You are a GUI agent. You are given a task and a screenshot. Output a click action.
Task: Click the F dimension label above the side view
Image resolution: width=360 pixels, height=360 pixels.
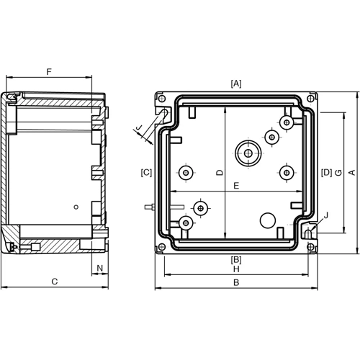(49, 71)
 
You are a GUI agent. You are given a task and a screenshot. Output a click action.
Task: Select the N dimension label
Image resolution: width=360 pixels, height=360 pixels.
(100, 268)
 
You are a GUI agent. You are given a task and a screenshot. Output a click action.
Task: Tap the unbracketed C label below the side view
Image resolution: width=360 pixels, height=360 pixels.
(55, 282)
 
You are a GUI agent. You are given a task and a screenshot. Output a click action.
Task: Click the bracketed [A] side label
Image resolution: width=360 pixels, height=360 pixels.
(235, 84)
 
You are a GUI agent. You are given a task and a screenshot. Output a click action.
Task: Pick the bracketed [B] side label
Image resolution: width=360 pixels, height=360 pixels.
(235, 259)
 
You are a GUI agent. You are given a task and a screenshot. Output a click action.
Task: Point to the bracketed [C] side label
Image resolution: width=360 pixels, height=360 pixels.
(146, 172)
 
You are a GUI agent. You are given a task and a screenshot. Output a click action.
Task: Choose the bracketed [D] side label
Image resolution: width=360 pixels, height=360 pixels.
(326, 172)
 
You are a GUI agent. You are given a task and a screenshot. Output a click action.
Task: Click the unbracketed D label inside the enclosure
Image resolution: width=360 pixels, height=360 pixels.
(219, 173)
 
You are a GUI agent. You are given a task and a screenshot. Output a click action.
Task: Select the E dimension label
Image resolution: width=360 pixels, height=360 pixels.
(235, 186)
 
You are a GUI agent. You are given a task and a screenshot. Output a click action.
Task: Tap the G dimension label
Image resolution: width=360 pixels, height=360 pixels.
(338, 172)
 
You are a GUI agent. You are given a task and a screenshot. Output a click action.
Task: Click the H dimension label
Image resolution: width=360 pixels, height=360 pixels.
(235, 269)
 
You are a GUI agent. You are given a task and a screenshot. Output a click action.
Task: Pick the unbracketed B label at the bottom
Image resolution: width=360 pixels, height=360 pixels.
(235, 283)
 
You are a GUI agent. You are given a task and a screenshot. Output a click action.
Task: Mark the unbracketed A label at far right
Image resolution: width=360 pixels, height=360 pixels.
(351, 172)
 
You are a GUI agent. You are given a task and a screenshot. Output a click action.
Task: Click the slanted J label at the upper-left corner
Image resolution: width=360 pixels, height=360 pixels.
(140, 129)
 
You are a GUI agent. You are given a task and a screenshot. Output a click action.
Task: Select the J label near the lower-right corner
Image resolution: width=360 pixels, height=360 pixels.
(325, 215)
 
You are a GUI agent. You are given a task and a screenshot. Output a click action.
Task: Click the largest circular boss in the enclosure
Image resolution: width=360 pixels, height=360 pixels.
(247, 152)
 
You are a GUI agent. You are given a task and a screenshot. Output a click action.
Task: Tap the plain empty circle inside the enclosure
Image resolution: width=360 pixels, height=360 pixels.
(266, 220)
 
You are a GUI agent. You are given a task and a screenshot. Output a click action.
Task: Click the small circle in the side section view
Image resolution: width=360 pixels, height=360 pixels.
(76, 207)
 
